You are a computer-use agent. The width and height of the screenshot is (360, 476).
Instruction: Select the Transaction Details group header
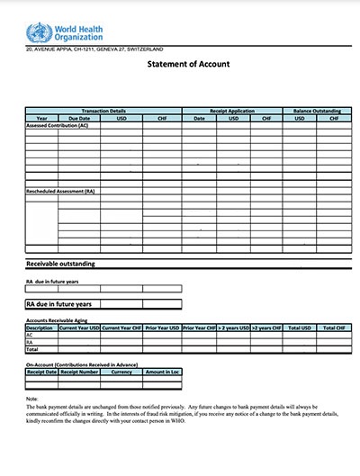(x=103, y=111)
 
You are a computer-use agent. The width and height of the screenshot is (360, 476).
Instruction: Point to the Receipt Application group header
(x=231, y=111)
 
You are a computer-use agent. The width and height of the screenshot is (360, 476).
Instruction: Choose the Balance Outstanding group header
(x=311, y=111)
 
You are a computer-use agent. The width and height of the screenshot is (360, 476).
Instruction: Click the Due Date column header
(x=79, y=118)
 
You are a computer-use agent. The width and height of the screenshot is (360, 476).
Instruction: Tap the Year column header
(x=41, y=118)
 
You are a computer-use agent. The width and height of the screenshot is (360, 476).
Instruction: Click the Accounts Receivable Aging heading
(x=67, y=320)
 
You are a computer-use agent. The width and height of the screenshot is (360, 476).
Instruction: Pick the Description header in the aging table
(x=40, y=328)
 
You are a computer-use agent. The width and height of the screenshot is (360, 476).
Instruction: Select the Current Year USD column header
(x=78, y=328)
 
